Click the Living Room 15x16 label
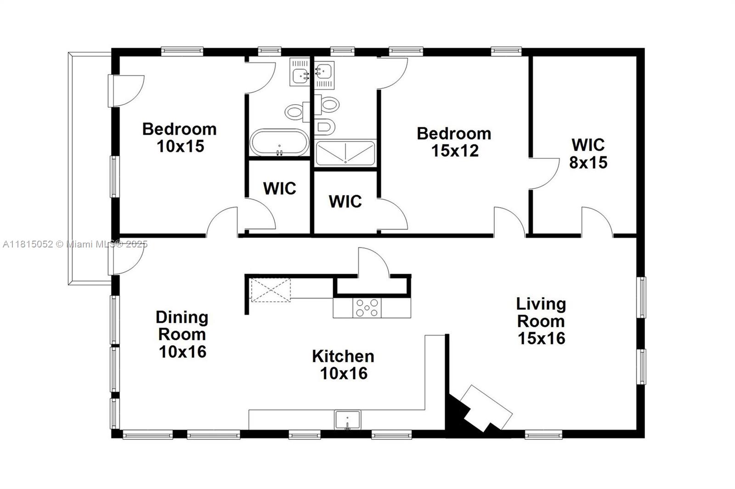point(541,321)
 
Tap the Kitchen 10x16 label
point(343,365)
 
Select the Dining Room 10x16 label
point(182,334)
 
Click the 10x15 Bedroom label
point(180,137)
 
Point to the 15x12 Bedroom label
point(454,142)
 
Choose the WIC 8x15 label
point(588,153)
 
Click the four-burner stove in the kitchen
point(367,308)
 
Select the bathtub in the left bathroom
point(279,143)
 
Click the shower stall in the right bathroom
point(345,152)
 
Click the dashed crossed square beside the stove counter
point(270,289)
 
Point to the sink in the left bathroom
point(301,72)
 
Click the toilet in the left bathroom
point(297,112)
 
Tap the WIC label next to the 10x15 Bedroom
point(279,188)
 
